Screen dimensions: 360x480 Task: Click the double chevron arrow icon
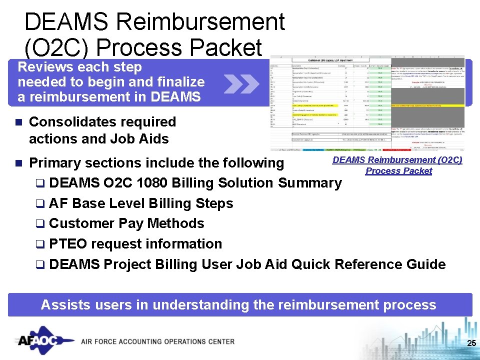pyautogui.click(x=241, y=83)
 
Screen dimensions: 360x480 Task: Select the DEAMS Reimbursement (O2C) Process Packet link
pyautogui.click(x=398, y=165)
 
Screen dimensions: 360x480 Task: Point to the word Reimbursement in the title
pyautogui.click(x=201, y=22)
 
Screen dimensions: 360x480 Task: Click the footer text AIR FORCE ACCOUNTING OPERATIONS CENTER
pyautogui.click(x=157, y=342)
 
